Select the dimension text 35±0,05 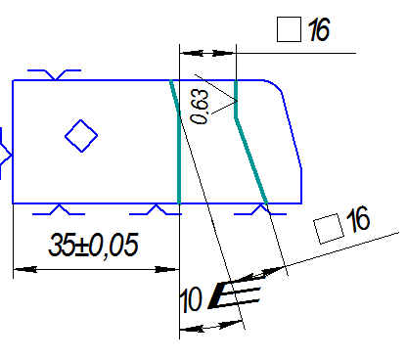point(93,245)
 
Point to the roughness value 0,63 point(200,107)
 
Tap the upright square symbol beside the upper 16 point(289,29)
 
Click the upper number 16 point(319,29)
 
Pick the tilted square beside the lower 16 point(329,229)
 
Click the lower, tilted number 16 point(358,219)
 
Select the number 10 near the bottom point(191,299)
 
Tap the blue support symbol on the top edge point(55,74)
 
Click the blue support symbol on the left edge point(6,154)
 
